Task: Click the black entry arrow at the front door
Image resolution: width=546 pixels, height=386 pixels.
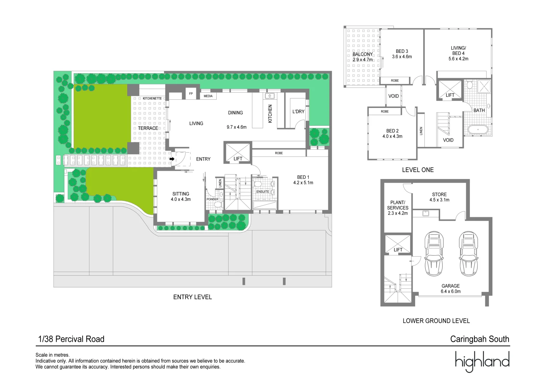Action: (172, 159)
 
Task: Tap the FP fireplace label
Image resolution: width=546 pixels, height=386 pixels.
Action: (191, 94)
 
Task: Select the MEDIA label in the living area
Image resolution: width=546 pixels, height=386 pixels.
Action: (208, 96)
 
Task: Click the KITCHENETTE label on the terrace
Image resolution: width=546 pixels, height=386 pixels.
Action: (152, 98)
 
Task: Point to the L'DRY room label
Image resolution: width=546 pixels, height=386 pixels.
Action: (298, 112)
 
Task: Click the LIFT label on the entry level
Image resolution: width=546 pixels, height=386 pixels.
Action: (238, 159)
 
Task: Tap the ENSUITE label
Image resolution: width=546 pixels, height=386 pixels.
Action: (262, 192)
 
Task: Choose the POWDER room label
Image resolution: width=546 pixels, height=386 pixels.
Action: (212, 199)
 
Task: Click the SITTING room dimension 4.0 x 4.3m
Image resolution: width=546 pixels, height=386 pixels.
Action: (181, 199)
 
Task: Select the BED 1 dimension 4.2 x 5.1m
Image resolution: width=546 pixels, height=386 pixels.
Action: (303, 183)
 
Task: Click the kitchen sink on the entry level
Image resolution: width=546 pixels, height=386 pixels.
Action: (270, 96)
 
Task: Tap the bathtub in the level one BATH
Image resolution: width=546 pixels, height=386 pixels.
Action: (478, 129)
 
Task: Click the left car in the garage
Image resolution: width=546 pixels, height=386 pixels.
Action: (434, 254)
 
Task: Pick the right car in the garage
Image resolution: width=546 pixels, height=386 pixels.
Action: (468, 254)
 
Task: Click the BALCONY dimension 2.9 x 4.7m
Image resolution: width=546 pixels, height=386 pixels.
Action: (363, 60)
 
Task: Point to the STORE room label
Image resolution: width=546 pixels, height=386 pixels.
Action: (439, 194)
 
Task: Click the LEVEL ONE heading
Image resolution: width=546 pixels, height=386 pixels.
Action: (418, 170)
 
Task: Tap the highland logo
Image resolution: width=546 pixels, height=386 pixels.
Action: (482, 362)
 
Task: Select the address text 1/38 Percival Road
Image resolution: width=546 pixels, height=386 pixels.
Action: (71, 339)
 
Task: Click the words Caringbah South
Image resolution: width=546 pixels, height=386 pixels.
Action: (479, 339)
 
